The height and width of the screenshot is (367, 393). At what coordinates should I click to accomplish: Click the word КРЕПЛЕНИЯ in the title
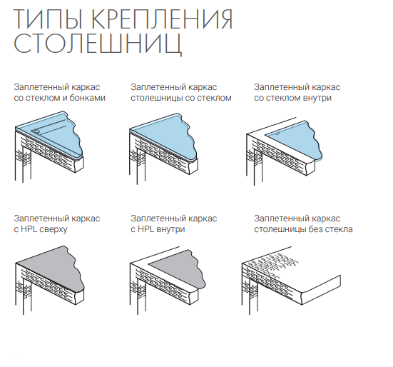pyautogui.click(x=163, y=19)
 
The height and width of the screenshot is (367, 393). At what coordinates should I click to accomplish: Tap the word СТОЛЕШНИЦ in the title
pyautogui.click(x=98, y=43)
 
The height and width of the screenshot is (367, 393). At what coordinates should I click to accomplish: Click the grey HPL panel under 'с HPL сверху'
pyautogui.click(x=55, y=268)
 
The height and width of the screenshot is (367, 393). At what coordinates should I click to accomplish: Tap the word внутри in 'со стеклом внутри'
pyautogui.click(x=317, y=98)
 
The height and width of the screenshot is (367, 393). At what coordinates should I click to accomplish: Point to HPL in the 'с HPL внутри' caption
pyautogui.click(x=146, y=229)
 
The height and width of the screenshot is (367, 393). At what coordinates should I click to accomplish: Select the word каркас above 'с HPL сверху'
pyautogui.click(x=86, y=218)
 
